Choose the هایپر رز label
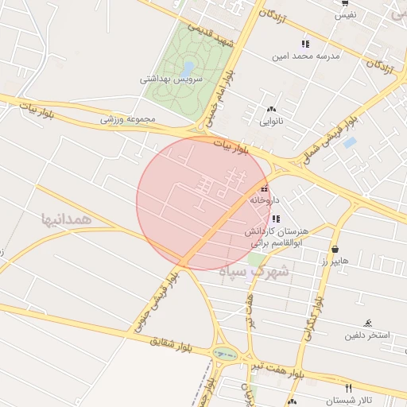click(335, 262)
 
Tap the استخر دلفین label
click(367, 335)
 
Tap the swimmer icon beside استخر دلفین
click(367, 323)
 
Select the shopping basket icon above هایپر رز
click(335, 249)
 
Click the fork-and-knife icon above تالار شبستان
click(348, 387)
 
